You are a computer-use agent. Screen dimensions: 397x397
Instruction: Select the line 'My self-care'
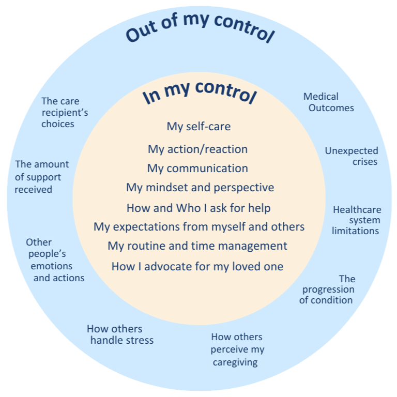198,127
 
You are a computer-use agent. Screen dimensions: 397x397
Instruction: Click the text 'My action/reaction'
197,149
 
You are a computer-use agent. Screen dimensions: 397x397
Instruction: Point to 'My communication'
197,169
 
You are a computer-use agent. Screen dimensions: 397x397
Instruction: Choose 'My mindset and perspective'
200,187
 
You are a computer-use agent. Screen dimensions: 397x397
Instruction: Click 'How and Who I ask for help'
198,208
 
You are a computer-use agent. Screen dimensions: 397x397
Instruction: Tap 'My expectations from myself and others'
199,226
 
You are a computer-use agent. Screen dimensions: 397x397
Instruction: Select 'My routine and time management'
197,246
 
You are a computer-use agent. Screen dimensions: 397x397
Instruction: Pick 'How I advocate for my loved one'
197,267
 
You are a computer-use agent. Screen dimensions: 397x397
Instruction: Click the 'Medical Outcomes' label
328,102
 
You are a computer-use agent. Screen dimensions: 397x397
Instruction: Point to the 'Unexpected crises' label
352,156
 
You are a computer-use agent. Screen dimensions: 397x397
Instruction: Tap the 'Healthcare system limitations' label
357,220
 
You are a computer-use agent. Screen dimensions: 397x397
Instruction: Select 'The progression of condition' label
328,289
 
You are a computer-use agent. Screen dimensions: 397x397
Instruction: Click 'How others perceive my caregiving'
237,349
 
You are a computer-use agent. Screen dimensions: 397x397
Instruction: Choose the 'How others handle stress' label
120,334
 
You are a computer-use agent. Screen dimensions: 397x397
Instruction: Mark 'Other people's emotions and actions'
55,260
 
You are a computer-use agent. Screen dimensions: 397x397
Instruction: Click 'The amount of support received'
41,177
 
